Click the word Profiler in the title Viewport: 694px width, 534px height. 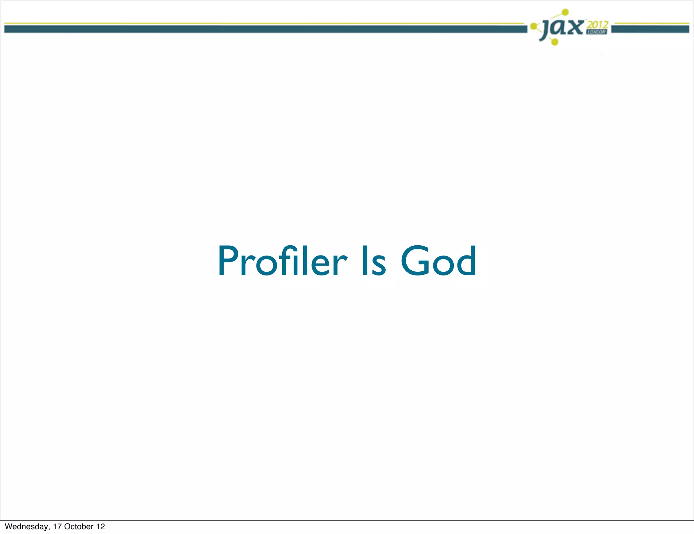tap(282, 261)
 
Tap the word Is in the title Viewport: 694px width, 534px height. tap(373, 261)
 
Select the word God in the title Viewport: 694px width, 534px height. tap(439, 261)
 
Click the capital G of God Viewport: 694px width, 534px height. tap(414, 261)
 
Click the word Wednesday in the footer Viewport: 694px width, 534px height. tap(26, 527)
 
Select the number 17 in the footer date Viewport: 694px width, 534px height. tap(57, 527)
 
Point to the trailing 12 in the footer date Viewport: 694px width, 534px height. tap(101, 527)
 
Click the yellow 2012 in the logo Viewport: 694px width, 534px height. tap(598, 25)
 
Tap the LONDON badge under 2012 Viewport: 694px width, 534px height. tap(597, 32)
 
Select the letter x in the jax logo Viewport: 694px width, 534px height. tap(575, 27)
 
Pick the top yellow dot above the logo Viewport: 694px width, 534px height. tap(565, 13)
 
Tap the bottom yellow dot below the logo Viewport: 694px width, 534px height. tap(555, 42)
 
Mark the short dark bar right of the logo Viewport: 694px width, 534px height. tap(650, 29)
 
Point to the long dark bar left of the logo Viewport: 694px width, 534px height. tap(264, 29)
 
